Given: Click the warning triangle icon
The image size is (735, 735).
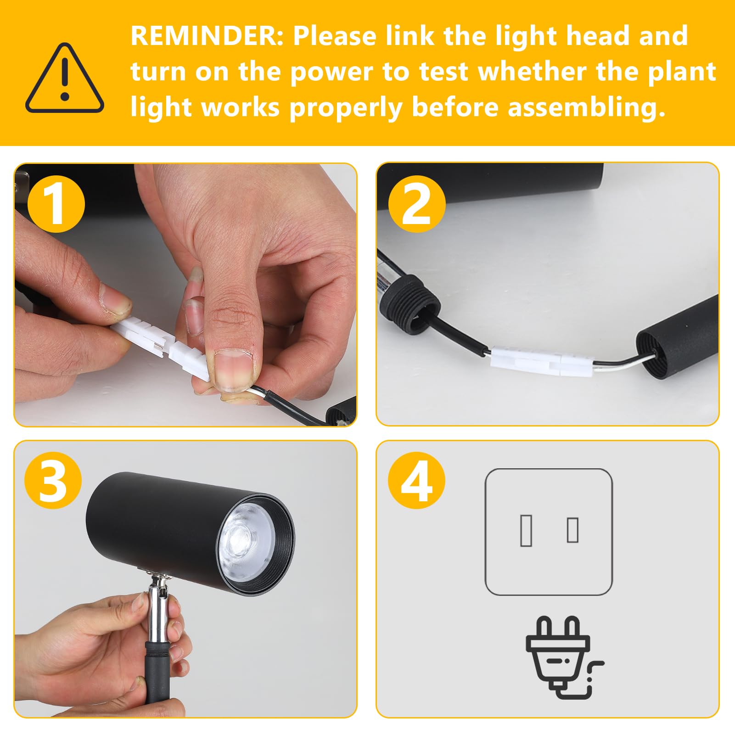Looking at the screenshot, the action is [64, 79].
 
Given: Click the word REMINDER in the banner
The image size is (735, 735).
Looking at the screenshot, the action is [207, 36].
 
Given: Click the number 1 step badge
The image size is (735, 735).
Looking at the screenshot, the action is [56, 204].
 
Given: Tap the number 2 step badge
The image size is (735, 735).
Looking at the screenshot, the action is [417, 204].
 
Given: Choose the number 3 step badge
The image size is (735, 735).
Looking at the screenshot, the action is [53, 480].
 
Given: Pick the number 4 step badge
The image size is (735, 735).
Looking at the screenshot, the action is [417, 480].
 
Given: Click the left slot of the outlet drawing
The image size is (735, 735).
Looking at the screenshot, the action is [526, 531].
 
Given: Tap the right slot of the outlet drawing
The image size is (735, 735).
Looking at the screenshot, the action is [572, 530].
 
